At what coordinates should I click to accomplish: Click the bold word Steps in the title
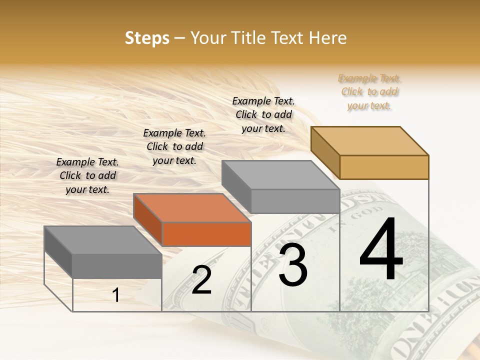147,38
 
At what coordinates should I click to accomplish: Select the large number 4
381,250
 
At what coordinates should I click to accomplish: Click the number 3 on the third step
293,265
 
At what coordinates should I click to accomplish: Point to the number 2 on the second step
202,280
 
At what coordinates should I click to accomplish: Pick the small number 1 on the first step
116,295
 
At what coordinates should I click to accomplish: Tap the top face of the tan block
369,140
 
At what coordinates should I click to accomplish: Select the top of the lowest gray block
102,239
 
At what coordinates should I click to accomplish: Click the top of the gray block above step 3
280,174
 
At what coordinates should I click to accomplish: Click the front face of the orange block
206,234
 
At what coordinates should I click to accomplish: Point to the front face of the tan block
384,167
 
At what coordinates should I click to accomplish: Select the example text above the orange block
174,146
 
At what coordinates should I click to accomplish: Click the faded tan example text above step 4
369,91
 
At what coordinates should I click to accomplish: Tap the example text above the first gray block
87,175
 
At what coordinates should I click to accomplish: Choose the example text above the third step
263,114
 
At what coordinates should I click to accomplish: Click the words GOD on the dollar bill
360,216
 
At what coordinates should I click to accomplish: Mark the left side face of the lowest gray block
58,250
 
